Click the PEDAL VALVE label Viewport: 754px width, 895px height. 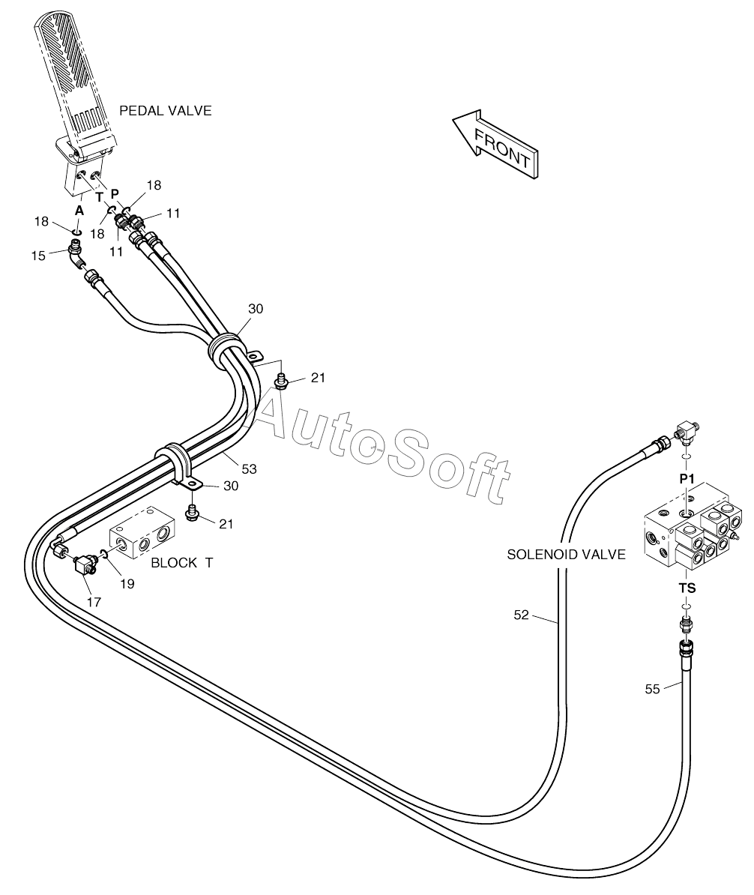tap(166, 111)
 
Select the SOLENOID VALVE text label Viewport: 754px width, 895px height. tap(566, 554)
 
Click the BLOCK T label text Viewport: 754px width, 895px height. tap(182, 563)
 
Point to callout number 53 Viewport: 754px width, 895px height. tap(250, 469)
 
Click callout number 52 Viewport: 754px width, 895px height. tap(521, 615)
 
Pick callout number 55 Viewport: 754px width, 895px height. tap(652, 689)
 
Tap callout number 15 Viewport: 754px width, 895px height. tap(38, 256)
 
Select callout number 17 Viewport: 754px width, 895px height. tap(94, 602)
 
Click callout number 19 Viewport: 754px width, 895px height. tap(127, 583)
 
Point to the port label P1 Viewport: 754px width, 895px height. tap(687, 480)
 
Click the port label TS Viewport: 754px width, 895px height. tap(687, 588)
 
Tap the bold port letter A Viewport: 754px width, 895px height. tap(79, 211)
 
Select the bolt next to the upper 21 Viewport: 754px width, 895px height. tap(281, 380)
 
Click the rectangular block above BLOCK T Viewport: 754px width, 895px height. tap(142, 532)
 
